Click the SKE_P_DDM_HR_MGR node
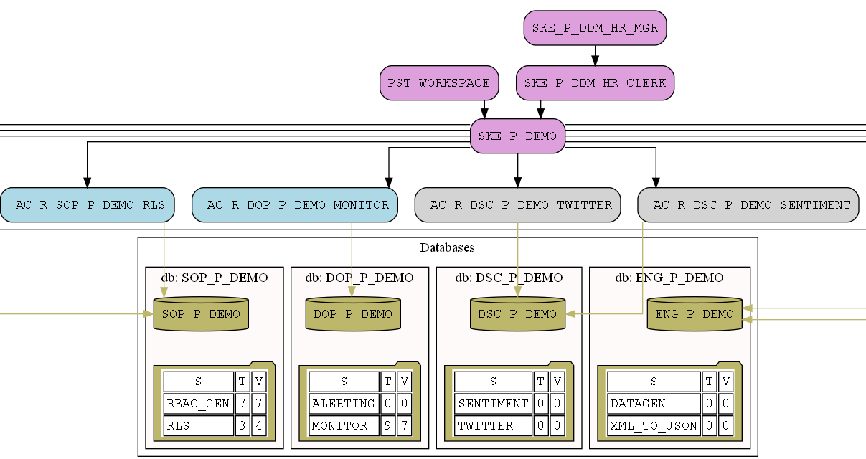pyautogui.click(x=596, y=28)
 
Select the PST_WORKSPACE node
pyautogui.click(x=439, y=82)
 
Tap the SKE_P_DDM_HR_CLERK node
pyautogui.click(x=595, y=82)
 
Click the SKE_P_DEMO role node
pyautogui.click(x=517, y=136)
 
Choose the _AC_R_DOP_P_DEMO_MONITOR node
pyautogui.click(x=295, y=205)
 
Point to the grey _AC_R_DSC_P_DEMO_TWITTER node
pyautogui.click(x=517, y=205)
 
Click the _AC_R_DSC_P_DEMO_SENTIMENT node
pyautogui.click(x=748, y=205)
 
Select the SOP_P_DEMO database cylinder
pyautogui.click(x=201, y=314)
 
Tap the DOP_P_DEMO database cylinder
pyautogui.click(x=352, y=314)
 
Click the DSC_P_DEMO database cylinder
pyautogui.click(x=517, y=314)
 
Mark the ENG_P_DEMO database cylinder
pyautogui.click(x=694, y=314)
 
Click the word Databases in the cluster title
pyautogui.click(x=447, y=248)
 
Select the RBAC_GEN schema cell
pyautogui.click(x=198, y=404)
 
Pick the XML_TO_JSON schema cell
pyautogui.click(x=654, y=426)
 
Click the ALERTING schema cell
pyautogui.click(x=344, y=404)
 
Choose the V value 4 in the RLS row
pyautogui.click(x=259, y=426)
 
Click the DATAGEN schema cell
pyautogui.click(x=654, y=404)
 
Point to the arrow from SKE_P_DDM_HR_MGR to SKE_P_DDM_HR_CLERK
pyautogui.click(x=595, y=55)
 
